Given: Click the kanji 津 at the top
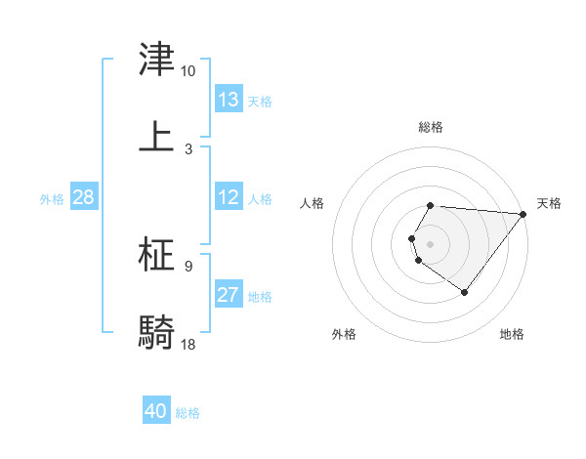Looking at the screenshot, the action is (156, 60).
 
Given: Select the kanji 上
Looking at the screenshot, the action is (156, 136).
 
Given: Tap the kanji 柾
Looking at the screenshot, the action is (156, 255).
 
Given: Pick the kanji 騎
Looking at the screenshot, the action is (156, 332).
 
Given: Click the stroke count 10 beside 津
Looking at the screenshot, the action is (188, 71).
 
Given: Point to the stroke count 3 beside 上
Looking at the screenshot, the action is (188, 148).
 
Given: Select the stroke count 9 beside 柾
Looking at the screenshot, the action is (188, 266).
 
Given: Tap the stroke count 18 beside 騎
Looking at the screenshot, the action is (188, 344).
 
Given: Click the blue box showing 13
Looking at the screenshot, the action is (229, 100).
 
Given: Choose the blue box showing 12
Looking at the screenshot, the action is (229, 197).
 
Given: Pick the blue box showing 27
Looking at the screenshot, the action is (229, 295).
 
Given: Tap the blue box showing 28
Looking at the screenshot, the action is (83, 197).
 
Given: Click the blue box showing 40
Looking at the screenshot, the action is (156, 411).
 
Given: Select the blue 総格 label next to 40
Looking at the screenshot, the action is (188, 413).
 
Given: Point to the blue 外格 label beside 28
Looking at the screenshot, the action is (52, 199).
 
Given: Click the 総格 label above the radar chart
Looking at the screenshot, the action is (431, 127).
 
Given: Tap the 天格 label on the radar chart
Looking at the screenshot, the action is (549, 203).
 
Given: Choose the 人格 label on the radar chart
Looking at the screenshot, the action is (313, 203).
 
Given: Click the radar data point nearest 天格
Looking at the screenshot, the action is (523, 214).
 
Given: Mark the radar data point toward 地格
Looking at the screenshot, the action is (464, 292).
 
